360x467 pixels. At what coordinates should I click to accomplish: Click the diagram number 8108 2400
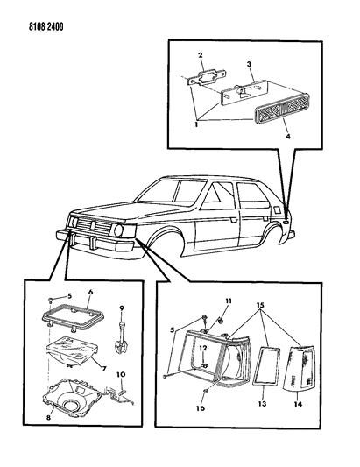(46, 27)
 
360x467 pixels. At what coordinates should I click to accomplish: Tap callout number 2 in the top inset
(201, 55)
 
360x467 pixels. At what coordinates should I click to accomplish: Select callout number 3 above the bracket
(249, 64)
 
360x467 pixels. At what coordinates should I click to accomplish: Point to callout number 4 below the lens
(287, 137)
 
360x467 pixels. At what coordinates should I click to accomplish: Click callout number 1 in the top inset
(196, 124)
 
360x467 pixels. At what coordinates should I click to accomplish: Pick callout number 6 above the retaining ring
(90, 292)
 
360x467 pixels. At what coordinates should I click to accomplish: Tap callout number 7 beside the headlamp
(104, 369)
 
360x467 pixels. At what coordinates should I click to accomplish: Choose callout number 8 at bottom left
(48, 417)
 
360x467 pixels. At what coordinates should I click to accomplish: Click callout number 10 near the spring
(121, 374)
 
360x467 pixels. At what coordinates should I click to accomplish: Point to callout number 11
(228, 301)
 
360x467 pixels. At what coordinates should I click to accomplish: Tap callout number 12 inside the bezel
(203, 348)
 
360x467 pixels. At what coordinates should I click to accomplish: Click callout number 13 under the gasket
(262, 404)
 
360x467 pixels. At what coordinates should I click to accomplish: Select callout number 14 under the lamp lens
(298, 404)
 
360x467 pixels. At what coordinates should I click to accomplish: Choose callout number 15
(260, 305)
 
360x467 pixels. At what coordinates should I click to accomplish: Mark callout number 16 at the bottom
(201, 407)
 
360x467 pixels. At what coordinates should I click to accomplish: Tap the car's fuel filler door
(277, 209)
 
